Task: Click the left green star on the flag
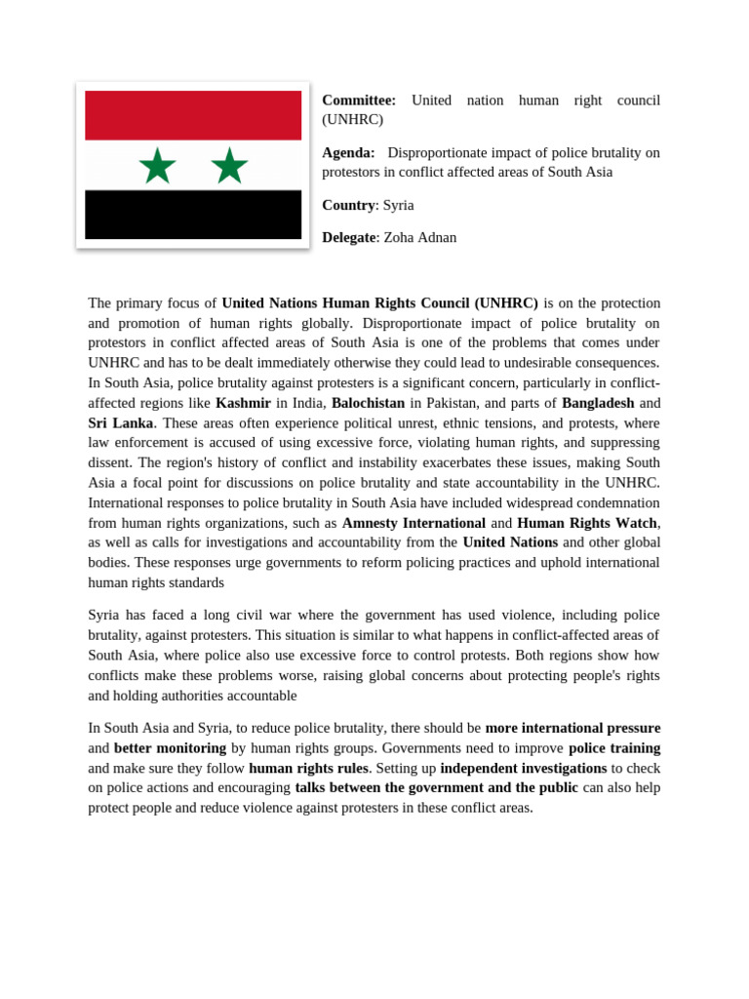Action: point(157,166)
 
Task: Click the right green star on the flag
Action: point(229,166)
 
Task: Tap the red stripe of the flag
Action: point(193,115)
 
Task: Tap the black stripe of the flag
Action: point(193,215)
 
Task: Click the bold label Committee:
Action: point(359,100)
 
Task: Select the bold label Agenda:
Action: point(348,152)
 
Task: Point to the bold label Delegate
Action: point(348,237)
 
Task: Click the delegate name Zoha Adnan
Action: point(420,237)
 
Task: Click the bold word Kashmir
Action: point(243,403)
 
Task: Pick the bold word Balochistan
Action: point(368,403)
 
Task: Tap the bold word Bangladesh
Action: point(598,403)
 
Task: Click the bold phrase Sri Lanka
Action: point(120,422)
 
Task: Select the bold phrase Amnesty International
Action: point(414,523)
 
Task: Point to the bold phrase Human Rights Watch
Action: point(587,523)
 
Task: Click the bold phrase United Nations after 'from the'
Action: point(510,542)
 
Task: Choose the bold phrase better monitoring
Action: point(170,748)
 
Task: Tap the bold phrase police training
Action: point(614,748)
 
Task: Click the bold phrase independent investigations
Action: point(524,768)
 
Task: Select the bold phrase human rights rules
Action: point(308,768)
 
